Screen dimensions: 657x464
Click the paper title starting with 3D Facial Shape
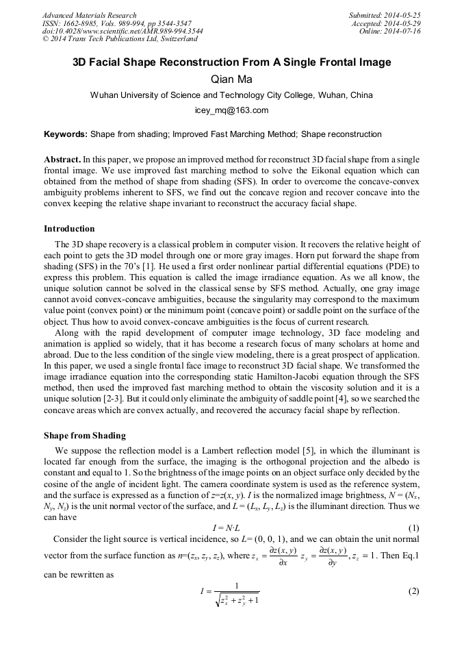[x=232, y=63]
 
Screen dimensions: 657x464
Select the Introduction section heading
[x=69, y=228]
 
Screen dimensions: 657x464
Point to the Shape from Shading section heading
[x=84, y=435]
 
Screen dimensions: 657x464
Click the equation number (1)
[x=413, y=528]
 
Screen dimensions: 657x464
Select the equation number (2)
[x=413, y=591]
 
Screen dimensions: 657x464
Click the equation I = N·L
[x=232, y=528]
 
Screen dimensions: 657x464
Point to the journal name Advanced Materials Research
[x=89, y=15]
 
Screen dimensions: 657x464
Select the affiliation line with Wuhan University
[x=231, y=95]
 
